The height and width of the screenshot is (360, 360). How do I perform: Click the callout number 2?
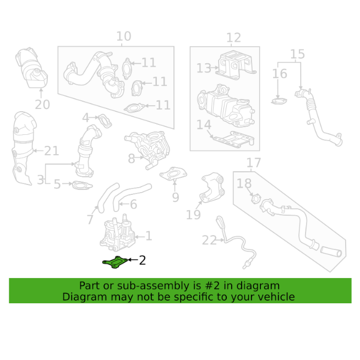143,260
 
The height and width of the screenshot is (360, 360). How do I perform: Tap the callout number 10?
124,36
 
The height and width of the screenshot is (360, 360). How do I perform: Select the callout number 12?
233,37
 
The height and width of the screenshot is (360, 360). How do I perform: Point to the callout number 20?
42,105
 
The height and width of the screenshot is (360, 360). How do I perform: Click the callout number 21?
51,150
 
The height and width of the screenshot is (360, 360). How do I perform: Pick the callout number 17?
253,162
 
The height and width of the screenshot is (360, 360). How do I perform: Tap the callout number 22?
209,240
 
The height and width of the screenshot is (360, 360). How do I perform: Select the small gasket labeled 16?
280,101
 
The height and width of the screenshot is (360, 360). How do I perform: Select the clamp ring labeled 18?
254,197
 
